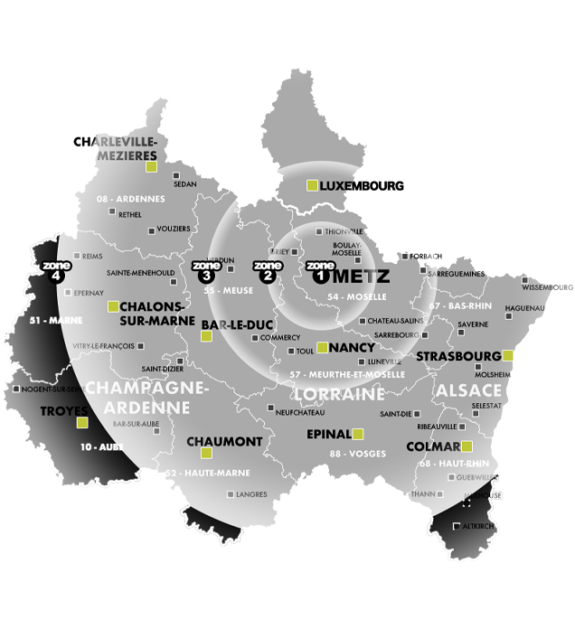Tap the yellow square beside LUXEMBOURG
pos(312,185)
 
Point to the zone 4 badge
pos(55,272)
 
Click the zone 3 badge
pos(206,271)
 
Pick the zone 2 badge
pos(268,272)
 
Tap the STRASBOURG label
pos(458,356)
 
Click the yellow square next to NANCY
pos(323,347)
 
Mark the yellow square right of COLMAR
pos(467,446)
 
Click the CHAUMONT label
pos(224,441)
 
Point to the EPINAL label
pos(328,434)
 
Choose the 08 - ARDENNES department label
pos(131,198)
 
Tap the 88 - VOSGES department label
pos(358,453)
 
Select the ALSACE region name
pos(468,389)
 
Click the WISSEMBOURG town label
pos(546,287)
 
